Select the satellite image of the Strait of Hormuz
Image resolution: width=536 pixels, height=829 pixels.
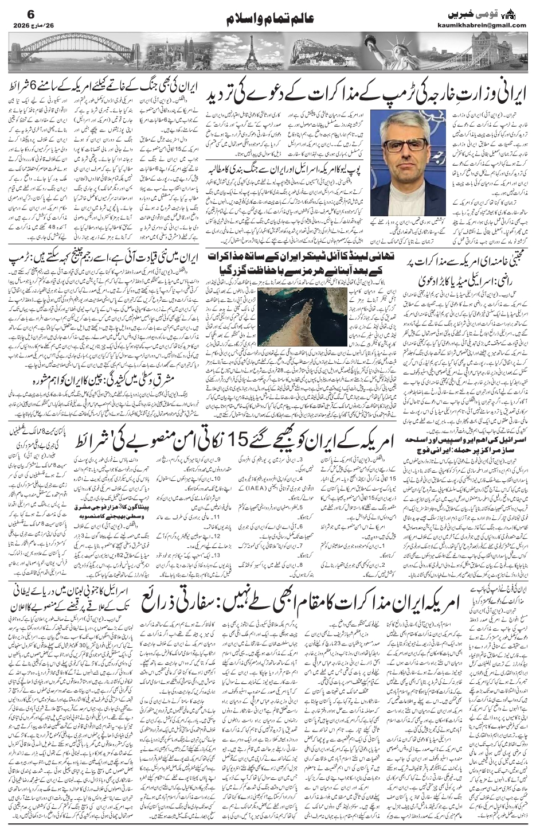click(290, 321)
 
